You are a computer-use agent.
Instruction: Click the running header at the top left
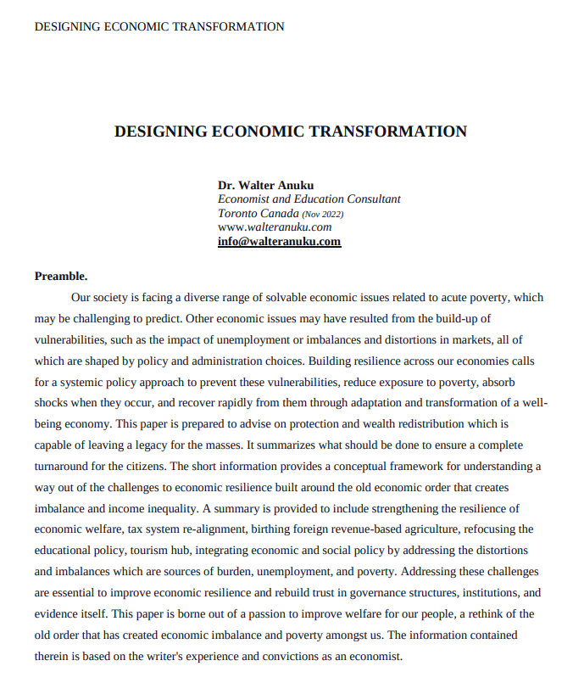pyautogui.click(x=159, y=26)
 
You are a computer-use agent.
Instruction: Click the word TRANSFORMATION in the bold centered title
pyautogui.click(x=388, y=132)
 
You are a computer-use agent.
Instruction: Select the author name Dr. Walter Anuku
pyautogui.click(x=265, y=186)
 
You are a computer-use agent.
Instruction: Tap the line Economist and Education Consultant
pyautogui.click(x=309, y=199)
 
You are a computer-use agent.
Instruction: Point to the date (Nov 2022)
pyautogui.click(x=322, y=214)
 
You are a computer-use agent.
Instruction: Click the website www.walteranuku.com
pyautogui.click(x=275, y=227)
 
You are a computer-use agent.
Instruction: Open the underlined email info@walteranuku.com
pyautogui.click(x=279, y=241)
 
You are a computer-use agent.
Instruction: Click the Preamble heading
pyautogui.click(x=61, y=276)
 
